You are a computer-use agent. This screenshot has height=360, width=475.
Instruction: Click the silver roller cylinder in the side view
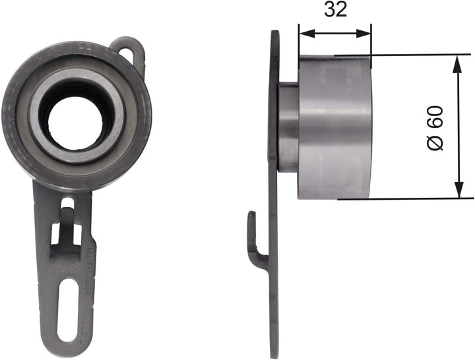(335, 125)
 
